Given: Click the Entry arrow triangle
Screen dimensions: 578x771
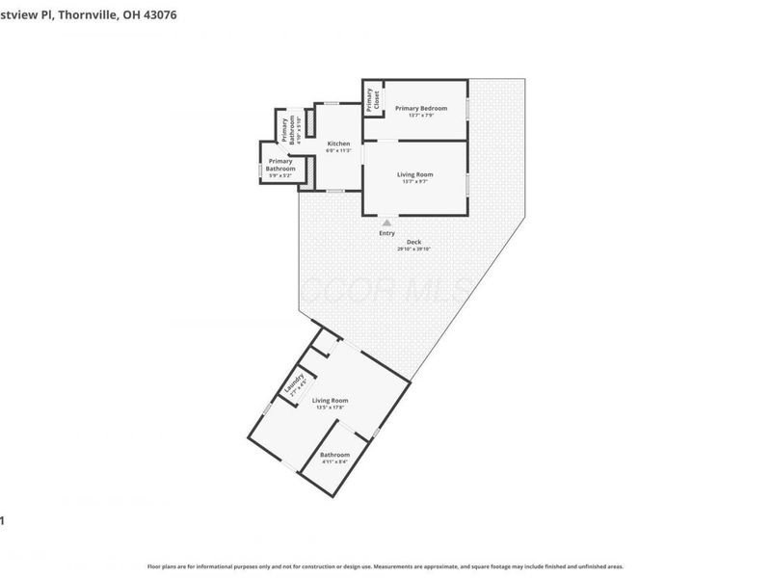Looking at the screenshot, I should (x=387, y=222).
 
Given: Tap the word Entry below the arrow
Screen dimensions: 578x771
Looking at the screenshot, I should (x=386, y=233).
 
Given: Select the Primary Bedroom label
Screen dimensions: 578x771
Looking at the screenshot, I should (x=420, y=108).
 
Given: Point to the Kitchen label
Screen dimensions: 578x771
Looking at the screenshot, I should (x=337, y=144).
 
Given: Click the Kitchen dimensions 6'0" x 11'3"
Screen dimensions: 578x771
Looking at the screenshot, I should (x=337, y=150).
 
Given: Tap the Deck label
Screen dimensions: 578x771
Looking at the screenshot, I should (x=413, y=242).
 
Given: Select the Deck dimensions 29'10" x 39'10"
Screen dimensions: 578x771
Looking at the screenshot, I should (x=413, y=249).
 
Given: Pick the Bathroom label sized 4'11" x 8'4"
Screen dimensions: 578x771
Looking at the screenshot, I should (x=334, y=455).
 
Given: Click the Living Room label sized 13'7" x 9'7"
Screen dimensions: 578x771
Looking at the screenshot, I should (x=415, y=174).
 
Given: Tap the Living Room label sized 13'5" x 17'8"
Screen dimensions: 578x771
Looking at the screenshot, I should (x=330, y=400).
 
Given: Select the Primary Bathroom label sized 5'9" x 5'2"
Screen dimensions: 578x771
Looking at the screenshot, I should (x=280, y=165).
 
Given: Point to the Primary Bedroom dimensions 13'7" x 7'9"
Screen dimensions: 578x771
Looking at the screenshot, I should (x=420, y=116).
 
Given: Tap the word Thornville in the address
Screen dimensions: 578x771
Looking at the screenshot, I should (x=90, y=15).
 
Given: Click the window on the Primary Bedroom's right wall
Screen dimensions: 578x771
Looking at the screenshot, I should (x=468, y=109).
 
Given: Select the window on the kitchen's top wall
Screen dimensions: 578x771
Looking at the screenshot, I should (x=331, y=103).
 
